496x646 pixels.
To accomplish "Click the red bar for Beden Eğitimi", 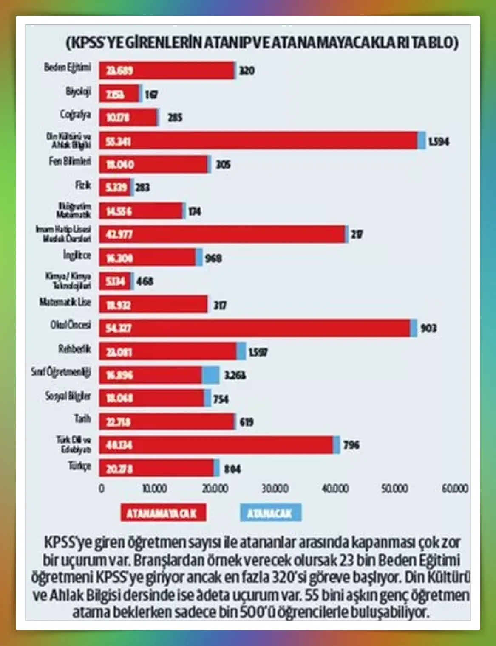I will (167, 70).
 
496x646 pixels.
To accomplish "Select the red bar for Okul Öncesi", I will (255, 328).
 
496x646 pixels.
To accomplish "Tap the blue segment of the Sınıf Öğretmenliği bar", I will (210, 375).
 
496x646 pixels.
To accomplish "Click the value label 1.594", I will (438, 141).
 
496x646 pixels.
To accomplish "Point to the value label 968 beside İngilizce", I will (213, 258).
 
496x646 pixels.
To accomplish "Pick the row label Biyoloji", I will (78, 92).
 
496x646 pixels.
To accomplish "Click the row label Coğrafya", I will (75, 115).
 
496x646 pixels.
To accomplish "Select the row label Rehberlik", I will (75, 349).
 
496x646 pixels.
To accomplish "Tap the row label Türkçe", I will (79, 466).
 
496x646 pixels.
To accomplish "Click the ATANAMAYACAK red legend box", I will (163, 513).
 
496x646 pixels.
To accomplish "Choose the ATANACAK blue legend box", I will (270, 513).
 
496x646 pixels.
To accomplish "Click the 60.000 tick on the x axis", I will (455, 489).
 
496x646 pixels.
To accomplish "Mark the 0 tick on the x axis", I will (102, 489).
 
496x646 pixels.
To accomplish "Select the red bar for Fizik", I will (115, 187).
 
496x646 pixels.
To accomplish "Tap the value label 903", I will (428, 328).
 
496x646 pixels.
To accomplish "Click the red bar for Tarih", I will (167, 422).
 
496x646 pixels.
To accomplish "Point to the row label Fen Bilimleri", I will (70, 162).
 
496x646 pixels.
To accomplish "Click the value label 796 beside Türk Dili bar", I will (351, 445).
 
